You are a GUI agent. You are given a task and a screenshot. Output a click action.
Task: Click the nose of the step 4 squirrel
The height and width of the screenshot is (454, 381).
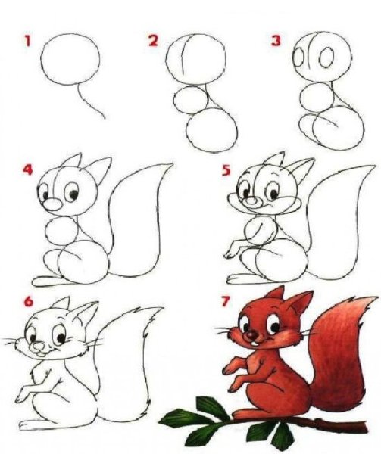pos(47,204)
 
